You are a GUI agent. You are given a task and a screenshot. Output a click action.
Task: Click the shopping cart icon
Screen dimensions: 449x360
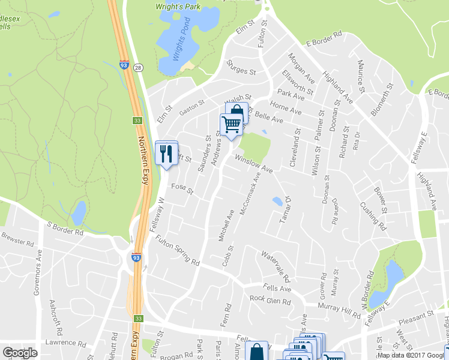231,124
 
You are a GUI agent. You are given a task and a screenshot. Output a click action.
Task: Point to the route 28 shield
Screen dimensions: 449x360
138,68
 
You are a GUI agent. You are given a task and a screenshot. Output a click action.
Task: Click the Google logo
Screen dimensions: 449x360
20,353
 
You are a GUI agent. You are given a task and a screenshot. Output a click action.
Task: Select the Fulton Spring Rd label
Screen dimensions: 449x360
178,251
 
